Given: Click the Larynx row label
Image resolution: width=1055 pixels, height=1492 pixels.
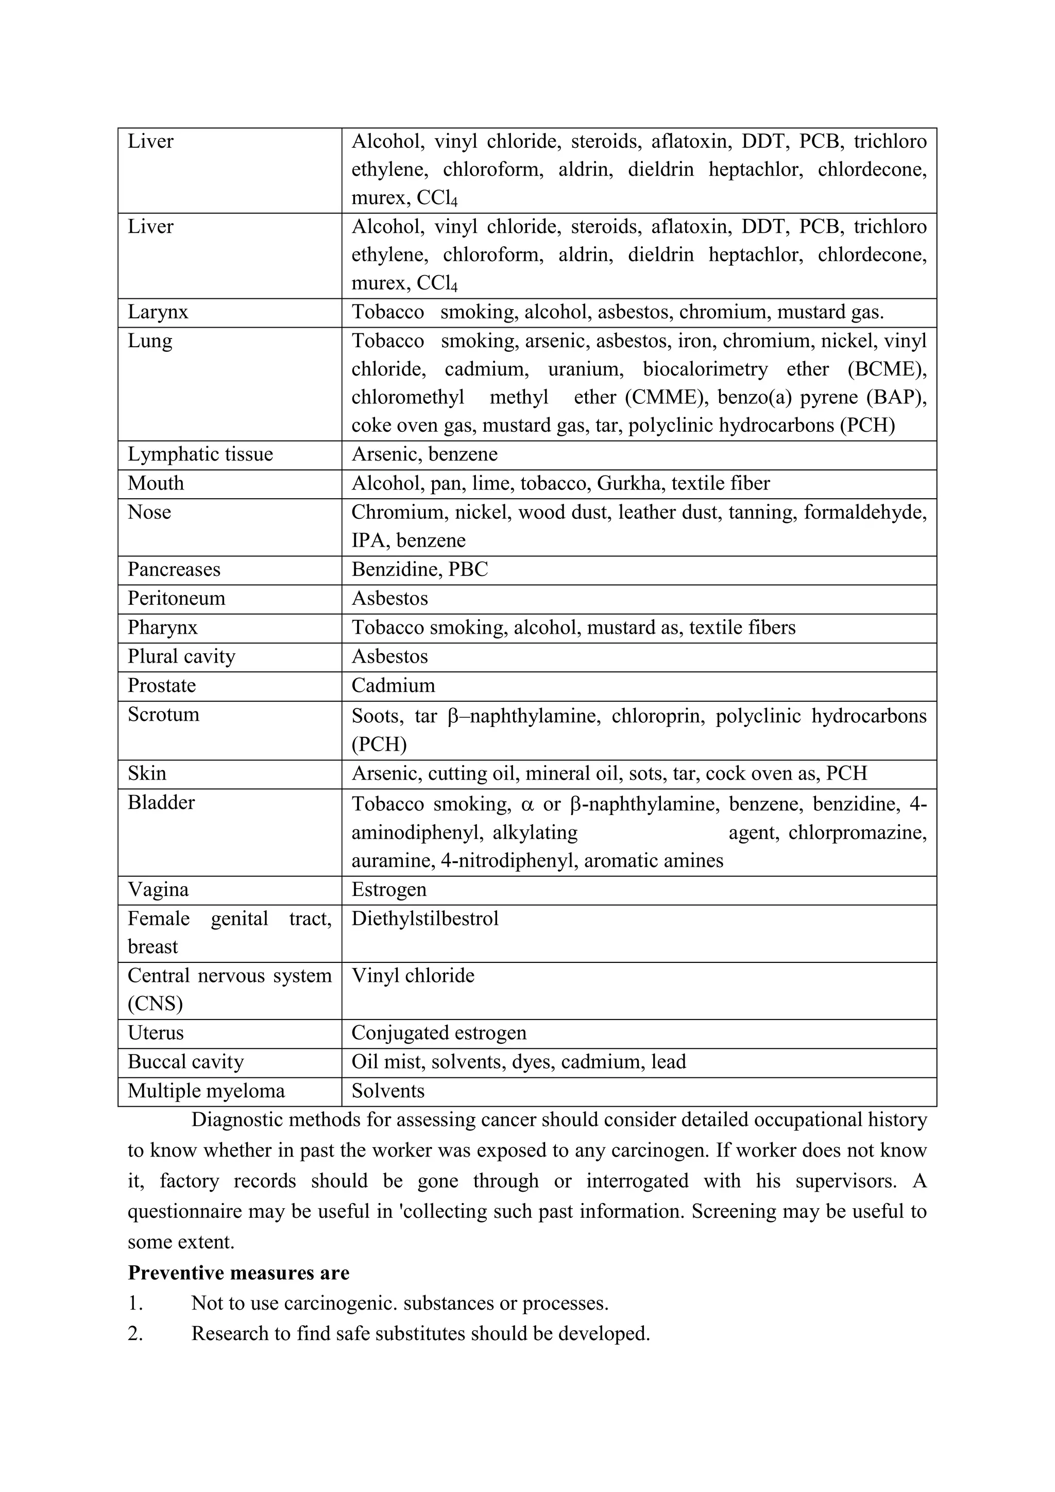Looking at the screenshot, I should (158, 313).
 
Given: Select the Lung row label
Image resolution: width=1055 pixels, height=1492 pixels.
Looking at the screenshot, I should (149, 341).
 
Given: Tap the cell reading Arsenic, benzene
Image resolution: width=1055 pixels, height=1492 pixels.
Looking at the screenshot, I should (424, 454).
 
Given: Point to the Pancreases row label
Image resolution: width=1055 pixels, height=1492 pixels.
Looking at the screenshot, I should (174, 570).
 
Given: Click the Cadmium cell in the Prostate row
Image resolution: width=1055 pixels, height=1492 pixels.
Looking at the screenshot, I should (393, 686).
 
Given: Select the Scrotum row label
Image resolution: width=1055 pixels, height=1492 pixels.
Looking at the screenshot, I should (163, 715).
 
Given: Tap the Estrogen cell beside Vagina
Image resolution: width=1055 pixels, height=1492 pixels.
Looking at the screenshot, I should (388, 890).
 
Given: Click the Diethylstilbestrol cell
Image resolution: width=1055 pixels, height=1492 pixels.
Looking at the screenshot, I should (425, 919).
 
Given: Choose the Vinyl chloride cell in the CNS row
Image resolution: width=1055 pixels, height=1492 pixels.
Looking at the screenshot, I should (413, 976).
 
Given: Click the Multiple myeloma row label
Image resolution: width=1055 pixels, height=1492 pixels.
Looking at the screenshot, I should (206, 1091).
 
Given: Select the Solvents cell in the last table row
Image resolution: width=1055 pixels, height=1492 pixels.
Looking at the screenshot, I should (388, 1091).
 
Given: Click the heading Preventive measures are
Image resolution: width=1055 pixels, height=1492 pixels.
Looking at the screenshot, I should (239, 1273).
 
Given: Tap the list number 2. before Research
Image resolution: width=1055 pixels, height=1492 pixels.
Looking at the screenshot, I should (135, 1333).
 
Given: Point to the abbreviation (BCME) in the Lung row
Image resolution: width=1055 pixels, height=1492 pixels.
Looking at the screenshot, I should (887, 370).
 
